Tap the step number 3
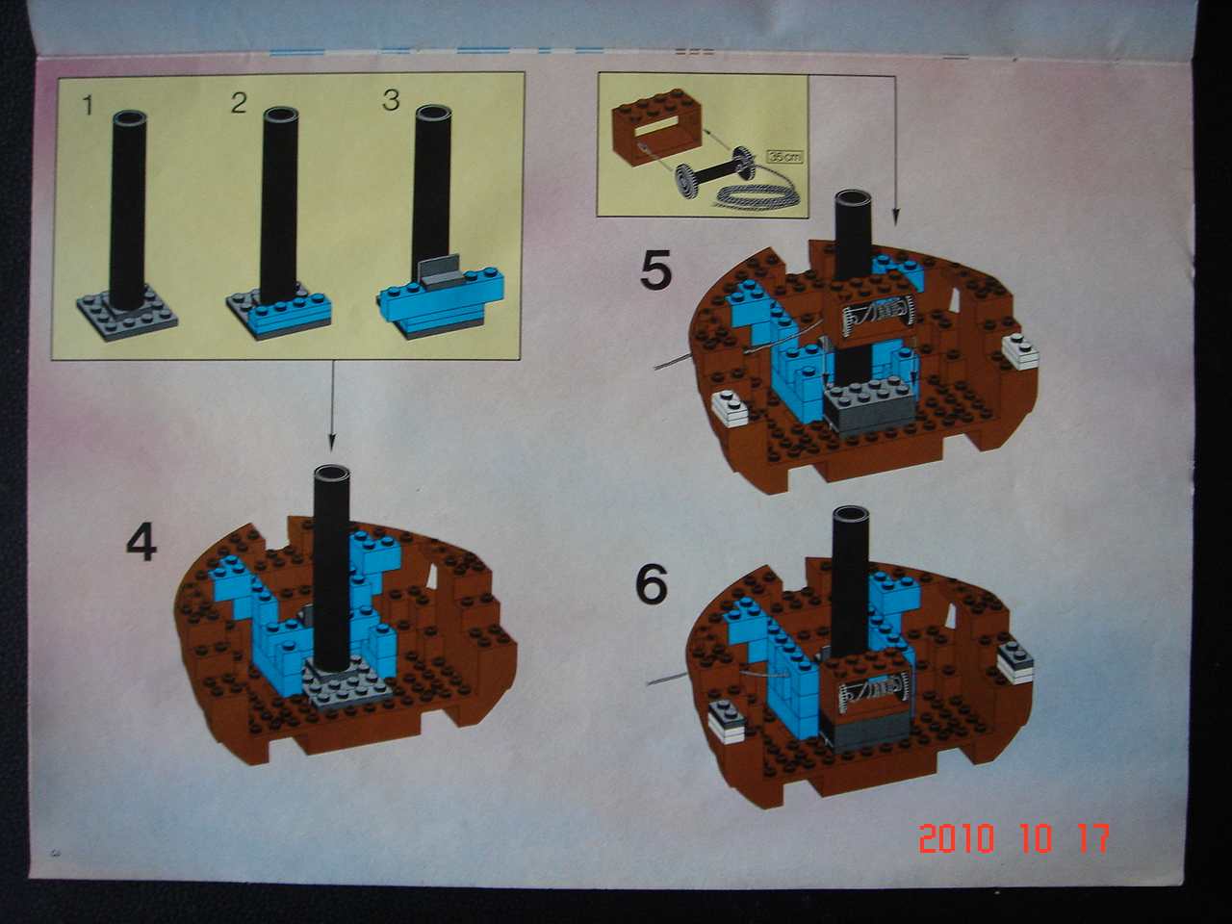click(x=390, y=100)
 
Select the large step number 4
click(x=141, y=543)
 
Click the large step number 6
click(x=652, y=584)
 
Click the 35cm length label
click(x=783, y=154)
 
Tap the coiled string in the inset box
click(x=757, y=193)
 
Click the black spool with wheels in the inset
click(x=713, y=174)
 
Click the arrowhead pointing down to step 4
click(x=331, y=444)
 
